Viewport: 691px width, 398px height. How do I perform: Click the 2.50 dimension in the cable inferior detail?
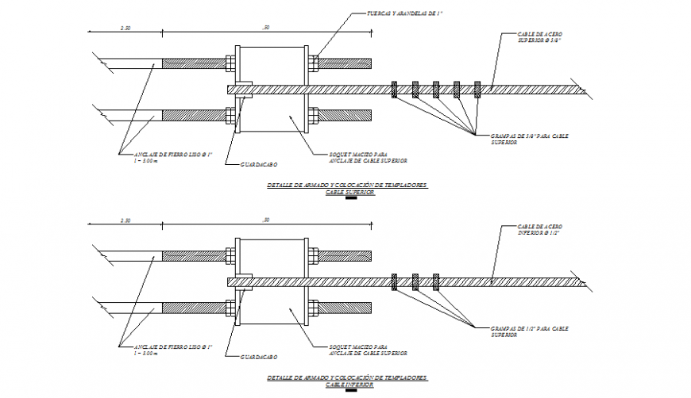tap(125, 220)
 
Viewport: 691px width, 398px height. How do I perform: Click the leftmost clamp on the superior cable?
tap(395, 89)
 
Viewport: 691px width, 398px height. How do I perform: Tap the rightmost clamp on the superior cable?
tap(477, 89)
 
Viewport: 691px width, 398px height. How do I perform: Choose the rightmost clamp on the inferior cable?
tap(436, 281)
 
